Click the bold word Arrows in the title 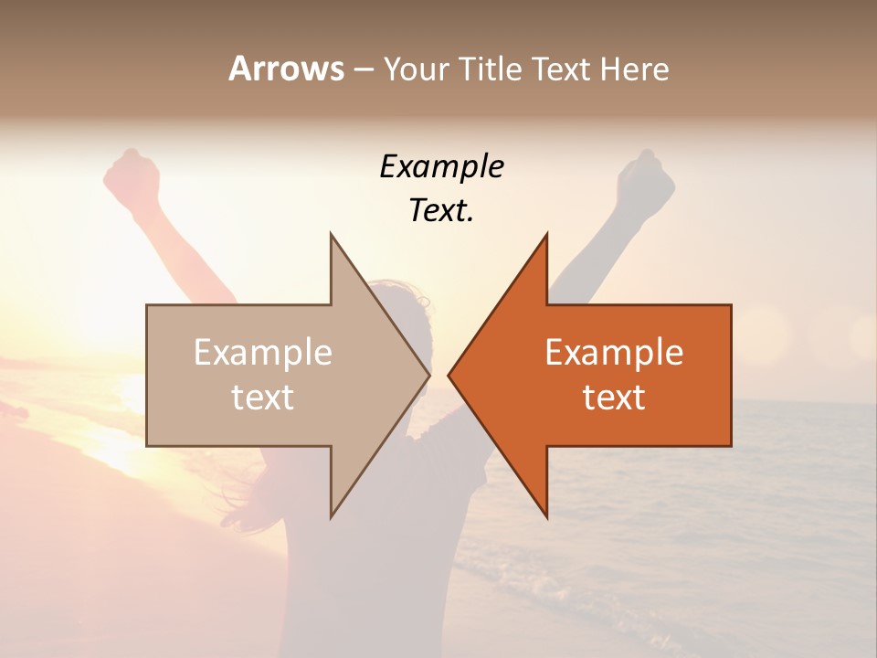point(287,69)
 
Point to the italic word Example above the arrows point(441,166)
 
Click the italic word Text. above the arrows point(441,210)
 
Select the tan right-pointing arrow point(274,375)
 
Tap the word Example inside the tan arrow point(263,352)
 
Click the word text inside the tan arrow point(263,398)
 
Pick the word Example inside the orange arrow point(614,352)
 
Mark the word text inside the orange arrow point(614,398)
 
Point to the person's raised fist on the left point(132,174)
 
